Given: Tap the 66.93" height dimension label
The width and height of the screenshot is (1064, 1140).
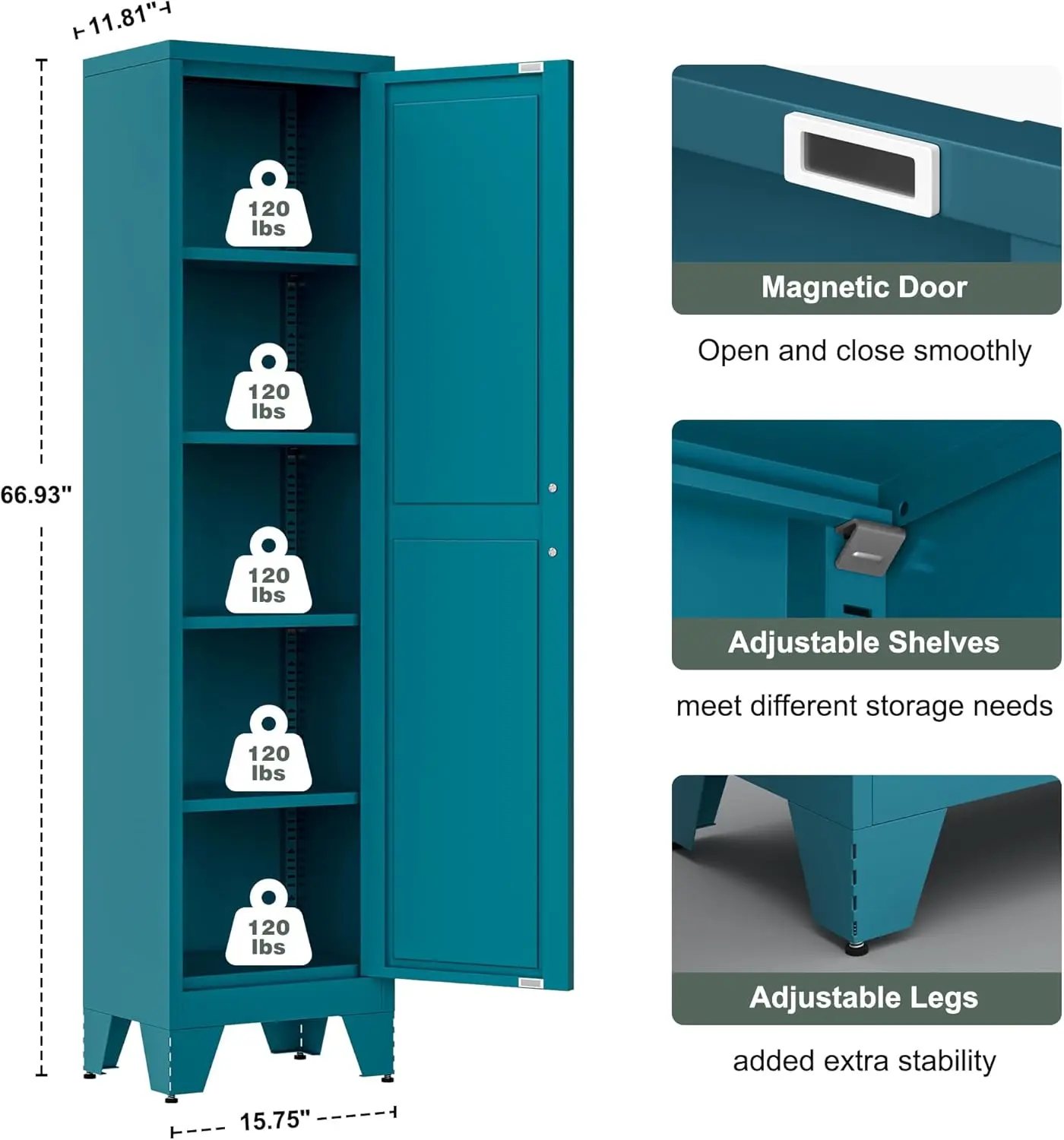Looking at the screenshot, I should [35, 495].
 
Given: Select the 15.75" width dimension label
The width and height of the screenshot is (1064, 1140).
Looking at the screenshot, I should [274, 1120].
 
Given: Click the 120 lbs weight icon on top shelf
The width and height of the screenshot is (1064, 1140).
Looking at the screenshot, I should [268, 205].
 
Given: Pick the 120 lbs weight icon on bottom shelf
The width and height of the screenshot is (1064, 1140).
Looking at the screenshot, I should [268, 924].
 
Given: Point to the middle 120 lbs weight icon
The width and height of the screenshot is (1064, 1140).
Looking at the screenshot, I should [268, 572].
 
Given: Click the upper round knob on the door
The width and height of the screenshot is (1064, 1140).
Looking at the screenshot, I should [553, 488].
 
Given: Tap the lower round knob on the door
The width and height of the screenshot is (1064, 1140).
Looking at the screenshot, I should [553, 552].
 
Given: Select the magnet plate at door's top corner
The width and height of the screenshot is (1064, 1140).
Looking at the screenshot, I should [530, 68].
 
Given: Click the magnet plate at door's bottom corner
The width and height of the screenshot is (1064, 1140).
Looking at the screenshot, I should [530, 983].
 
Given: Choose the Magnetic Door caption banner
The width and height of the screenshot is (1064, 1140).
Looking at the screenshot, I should [865, 288].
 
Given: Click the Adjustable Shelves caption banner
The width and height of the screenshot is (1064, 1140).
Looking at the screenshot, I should [865, 643].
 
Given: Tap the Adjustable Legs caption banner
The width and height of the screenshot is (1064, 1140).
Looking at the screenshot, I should [865, 998].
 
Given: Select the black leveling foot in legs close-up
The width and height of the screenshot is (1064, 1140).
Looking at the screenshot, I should [857, 948].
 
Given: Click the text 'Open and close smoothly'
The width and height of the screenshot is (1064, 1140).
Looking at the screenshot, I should [865, 351].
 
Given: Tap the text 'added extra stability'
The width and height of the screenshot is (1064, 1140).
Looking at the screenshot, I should [865, 1061].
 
